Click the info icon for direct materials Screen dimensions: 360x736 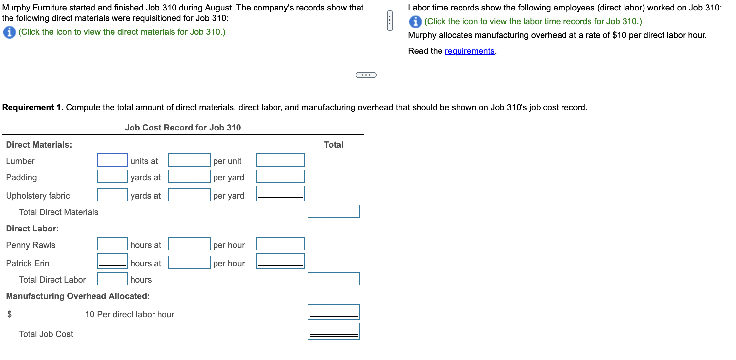[x=9, y=32]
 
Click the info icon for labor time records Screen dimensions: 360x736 [x=415, y=22]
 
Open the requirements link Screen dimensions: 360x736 [x=469, y=51]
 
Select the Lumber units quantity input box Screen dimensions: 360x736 [x=112, y=160]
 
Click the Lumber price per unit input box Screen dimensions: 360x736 [x=189, y=160]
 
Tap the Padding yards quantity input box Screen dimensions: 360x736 [x=112, y=176]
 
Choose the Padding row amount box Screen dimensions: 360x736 [x=280, y=176]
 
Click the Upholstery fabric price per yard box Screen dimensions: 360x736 [x=189, y=195]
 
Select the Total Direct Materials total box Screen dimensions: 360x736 [x=334, y=211]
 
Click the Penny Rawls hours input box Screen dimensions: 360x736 [x=112, y=244]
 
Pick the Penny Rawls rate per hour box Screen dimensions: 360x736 [x=189, y=244]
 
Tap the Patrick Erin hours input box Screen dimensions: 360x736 [x=112, y=261]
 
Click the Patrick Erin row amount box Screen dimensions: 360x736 [x=280, y=261]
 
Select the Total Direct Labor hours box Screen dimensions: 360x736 [x=112, y=279]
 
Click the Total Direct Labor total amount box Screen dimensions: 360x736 [x=334, y=279]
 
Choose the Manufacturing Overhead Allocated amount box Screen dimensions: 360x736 [x=334, y=312]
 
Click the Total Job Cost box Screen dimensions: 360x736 [x=334, y=331]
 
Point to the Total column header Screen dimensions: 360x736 [x=334, y=145]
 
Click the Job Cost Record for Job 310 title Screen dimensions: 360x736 [x=183, y=128]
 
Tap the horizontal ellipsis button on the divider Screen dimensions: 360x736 [x=366, y=75]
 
